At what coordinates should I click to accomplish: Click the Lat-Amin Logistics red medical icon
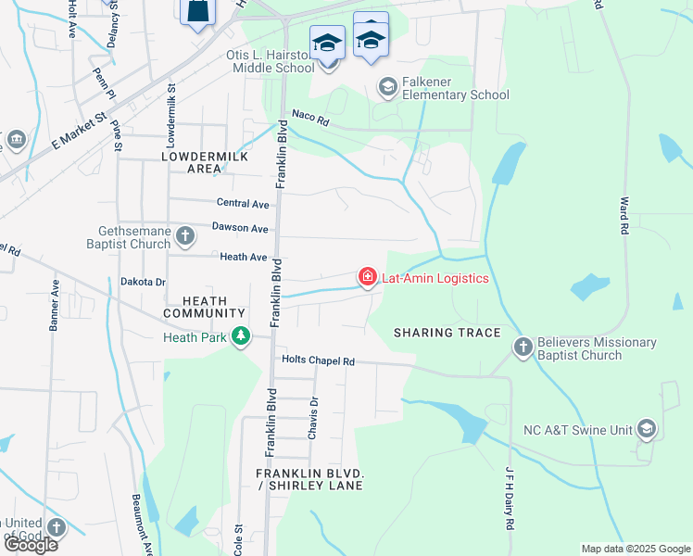[x=368, y=277]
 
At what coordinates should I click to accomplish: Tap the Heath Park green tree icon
[x=241, y=335]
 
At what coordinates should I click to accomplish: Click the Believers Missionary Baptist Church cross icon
[x=523, y=347]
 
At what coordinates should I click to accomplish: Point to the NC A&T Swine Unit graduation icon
[x=646, y=429]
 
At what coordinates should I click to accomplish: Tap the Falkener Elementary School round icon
[x=387, y=88]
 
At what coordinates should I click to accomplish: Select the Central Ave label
[x=242, y=203]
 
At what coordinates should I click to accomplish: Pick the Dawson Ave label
[x=240, y=228]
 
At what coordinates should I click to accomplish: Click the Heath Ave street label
[x=243, y=257]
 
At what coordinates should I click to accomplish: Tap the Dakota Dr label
[x=143, y=282]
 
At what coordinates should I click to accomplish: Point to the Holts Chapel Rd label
[x=318, y=361]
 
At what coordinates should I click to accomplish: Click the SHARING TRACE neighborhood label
[x=447, y=333]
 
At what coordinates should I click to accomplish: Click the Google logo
[x=30, y=545]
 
